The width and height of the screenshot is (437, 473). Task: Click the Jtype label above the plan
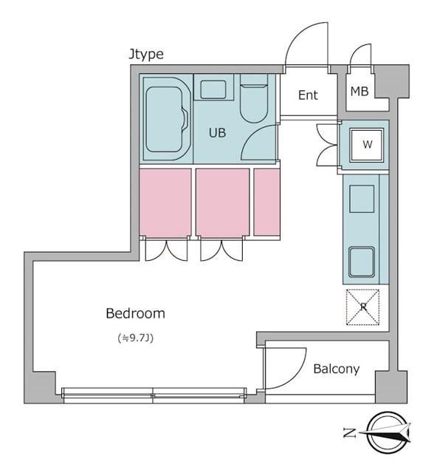[x=146, y=55]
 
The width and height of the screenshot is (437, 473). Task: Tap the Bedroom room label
[x=135, y=313]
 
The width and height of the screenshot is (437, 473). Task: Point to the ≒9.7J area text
[x=136, y=338]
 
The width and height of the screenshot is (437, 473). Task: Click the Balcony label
[x=337, y=369]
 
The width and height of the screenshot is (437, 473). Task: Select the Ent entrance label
[x=308, y=95]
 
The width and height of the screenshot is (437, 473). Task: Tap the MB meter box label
[x=359, y=91]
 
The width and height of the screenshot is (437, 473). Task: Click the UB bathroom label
[x=217, y=133]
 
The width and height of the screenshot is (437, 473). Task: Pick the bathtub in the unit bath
[x=167, y=119]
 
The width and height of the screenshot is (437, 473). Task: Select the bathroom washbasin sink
[x=213, y=89]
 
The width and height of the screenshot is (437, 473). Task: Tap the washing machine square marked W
[x=366, y=145]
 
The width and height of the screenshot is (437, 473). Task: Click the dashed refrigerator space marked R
[x=362, y=307]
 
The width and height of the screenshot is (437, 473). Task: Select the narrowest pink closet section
[x=266, y=202]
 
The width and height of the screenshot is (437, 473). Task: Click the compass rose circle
[x=388, y=433]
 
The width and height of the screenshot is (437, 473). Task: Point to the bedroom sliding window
[x=154, y=395]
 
